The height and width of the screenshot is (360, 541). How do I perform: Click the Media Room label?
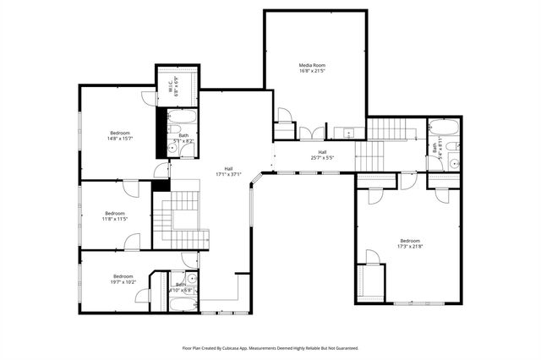click(312, 68)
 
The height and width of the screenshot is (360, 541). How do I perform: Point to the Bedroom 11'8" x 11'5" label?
click(114, 215)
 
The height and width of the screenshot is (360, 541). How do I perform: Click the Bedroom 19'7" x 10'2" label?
click(123, 279)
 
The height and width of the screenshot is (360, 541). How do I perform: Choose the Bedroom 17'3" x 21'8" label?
click(409, 244)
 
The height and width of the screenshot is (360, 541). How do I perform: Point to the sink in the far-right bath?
click(454, 164)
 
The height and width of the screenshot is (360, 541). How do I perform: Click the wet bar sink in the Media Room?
click(347, 133)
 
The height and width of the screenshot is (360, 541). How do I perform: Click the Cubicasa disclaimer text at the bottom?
click(270, 347)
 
